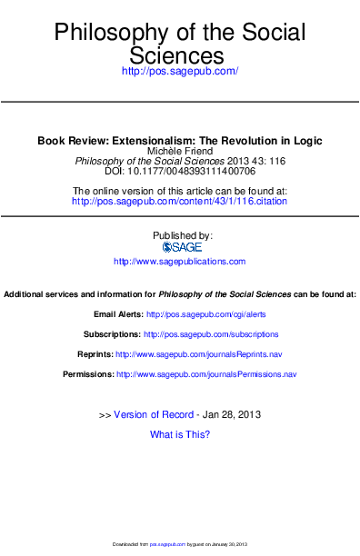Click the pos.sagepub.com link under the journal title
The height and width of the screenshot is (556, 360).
point(179,70)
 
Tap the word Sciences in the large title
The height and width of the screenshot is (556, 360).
point(179,55)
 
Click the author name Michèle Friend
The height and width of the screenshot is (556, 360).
point(179,151)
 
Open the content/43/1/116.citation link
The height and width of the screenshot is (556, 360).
point(179,201)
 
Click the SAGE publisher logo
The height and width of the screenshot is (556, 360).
point(179,246)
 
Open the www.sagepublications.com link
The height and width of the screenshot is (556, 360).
point(179,262)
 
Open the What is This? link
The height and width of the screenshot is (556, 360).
point(179,435)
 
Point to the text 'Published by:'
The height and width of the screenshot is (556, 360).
point(179,234)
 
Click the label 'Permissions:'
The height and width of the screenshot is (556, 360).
point(88,374)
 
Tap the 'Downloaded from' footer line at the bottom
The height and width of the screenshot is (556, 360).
point(179,543)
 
